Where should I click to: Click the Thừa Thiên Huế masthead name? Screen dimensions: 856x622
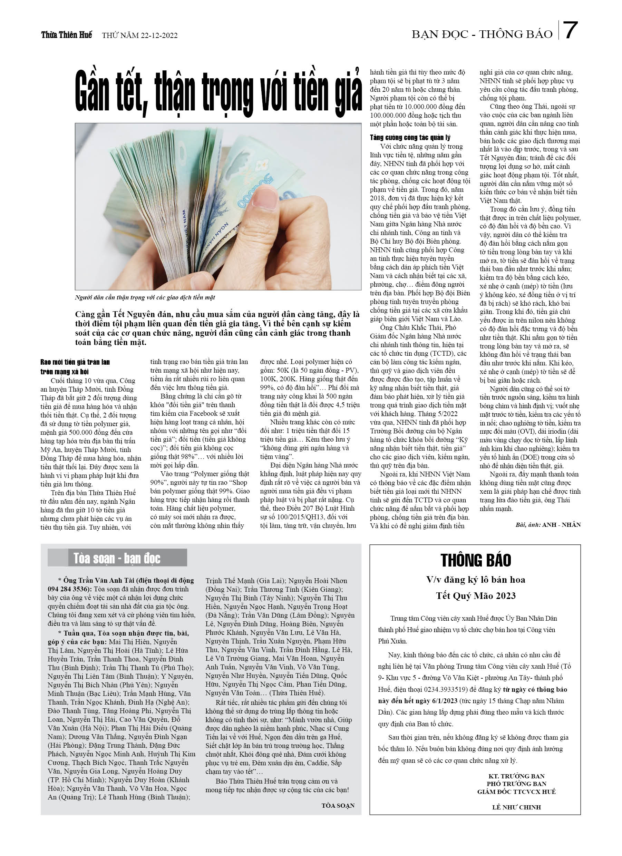[67, 35]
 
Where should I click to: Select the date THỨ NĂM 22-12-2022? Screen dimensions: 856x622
[140, 36]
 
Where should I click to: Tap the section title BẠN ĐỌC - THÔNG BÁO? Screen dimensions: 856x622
[482, 35]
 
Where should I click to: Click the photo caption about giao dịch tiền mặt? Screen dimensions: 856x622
[145, 297]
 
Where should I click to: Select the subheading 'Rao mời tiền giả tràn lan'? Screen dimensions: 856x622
[75, 362]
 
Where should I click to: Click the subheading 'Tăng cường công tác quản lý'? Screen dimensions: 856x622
[410, 137]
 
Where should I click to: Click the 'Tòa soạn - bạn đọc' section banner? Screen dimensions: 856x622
[117, 558]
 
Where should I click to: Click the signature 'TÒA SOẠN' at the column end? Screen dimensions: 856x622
[338, 805]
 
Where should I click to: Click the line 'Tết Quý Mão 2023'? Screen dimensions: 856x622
[475, 596]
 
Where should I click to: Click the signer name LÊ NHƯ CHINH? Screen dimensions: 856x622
[516, 807]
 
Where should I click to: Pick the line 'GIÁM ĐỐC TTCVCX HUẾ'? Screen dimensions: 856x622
[516, 791]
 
